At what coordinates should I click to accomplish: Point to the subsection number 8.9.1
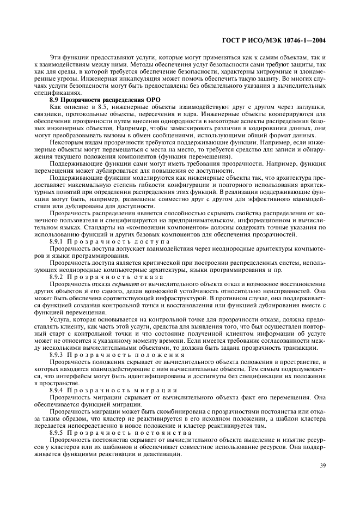(58, 241)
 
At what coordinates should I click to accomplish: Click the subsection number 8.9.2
(58, 277)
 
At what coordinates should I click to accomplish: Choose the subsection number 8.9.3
(58, 355)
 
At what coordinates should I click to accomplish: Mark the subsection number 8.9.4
(58, 391)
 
